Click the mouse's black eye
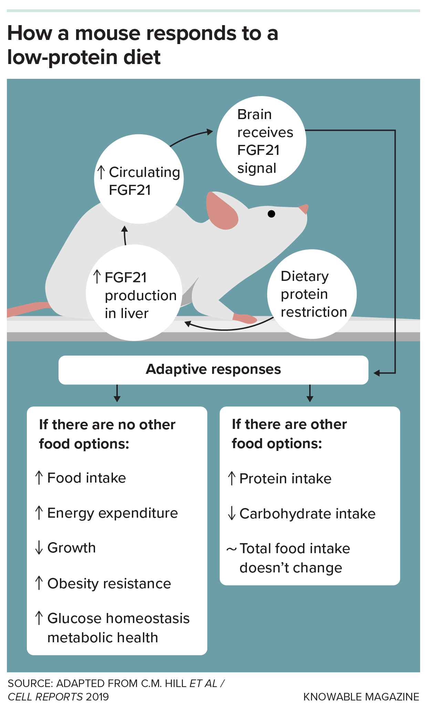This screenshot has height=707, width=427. (x=271, y=214)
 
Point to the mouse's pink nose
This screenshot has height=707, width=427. (x=304, y=209)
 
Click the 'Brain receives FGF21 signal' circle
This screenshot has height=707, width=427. (x=261, y=141)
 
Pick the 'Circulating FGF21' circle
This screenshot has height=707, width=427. (x=139, y=179)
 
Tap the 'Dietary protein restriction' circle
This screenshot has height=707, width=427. (x=312, y=294)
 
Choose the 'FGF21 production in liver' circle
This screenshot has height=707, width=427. (x=134, y=293)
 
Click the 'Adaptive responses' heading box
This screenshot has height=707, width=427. (x=213, y=370)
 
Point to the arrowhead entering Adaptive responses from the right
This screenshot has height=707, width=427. (x=377, y=373)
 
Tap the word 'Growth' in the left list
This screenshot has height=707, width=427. (x=72, y=548)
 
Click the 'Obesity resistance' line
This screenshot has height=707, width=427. (x=109, y=583)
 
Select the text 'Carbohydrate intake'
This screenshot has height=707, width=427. (x=307, y=514)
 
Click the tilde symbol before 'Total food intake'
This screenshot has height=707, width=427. (x=231, y=549)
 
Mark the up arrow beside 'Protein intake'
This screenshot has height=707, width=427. (x=232, y=478)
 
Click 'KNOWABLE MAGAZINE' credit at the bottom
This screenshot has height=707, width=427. (x=361, y=697)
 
